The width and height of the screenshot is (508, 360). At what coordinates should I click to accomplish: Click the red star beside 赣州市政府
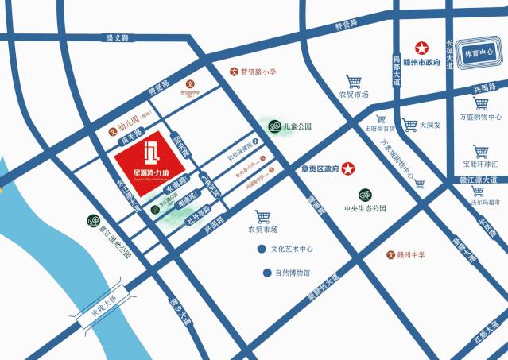(x=419, y=48)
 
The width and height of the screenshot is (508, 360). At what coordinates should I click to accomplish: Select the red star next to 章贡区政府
(x=347, y=168)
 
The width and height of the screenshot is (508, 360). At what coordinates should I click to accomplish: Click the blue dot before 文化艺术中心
(x=261, y=249)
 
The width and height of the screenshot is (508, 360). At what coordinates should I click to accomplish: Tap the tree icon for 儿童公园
(x=273, y=126)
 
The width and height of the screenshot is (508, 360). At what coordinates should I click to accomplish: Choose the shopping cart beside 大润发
(x=409, y=124)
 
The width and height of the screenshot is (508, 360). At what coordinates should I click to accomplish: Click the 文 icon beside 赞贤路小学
(x=234, y=72)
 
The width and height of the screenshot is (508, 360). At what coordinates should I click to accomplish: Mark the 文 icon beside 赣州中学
(x=390, y=254)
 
